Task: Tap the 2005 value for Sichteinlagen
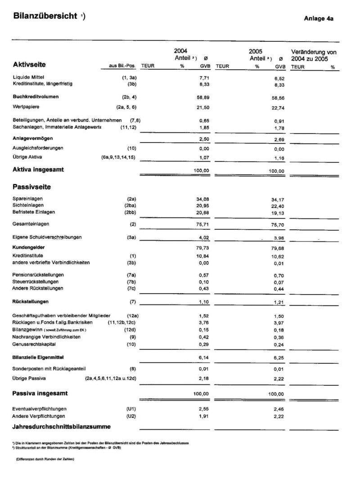(x=280, y=205)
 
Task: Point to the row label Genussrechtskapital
(x=34, y=344)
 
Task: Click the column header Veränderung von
(x=314, y=52)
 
